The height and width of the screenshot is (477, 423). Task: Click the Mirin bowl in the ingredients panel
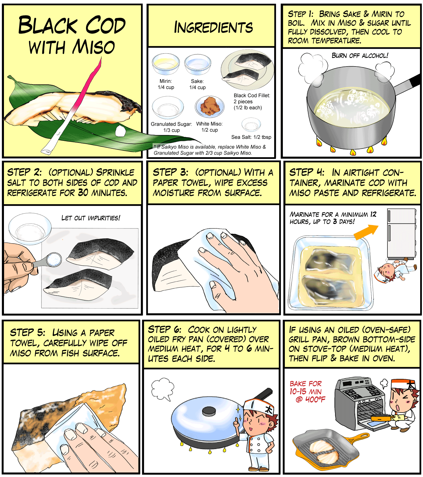click(x=166, y=64)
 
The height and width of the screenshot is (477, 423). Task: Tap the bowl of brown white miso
click(x=210, y=107)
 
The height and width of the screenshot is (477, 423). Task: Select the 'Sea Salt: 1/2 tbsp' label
click(x=251, y=137)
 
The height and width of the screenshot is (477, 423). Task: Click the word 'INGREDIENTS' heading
click(x=213, y=28)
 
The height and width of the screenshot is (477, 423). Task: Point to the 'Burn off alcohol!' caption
click(x=360, y=56)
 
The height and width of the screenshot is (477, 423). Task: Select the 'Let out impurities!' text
click(x=91, y=218)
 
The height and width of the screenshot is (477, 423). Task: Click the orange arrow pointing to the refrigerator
click(x=366, y=232)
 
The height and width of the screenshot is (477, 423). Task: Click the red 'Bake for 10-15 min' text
click(x=307, y=392)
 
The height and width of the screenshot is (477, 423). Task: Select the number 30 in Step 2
click(x=83, y=193)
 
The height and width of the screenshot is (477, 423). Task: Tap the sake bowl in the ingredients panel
click(x=198, y=64)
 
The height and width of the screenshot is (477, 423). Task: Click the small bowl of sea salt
click(x=251, y=125)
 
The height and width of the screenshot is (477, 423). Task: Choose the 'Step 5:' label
click(x=27, y=333)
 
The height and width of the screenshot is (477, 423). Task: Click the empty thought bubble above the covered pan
click(x=163, y=389)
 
